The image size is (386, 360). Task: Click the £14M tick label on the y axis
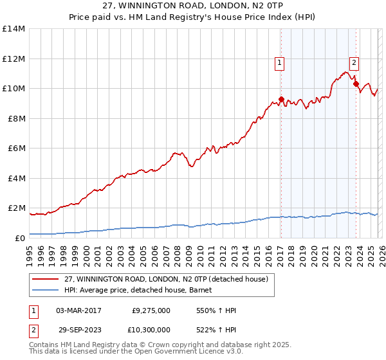[13, 29]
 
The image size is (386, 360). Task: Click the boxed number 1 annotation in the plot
[280, 62]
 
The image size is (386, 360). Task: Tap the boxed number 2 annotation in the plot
[354, 62]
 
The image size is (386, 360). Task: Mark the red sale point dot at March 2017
[281, 99]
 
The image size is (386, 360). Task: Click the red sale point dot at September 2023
[356, 84]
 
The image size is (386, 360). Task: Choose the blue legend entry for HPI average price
[142, 290]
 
